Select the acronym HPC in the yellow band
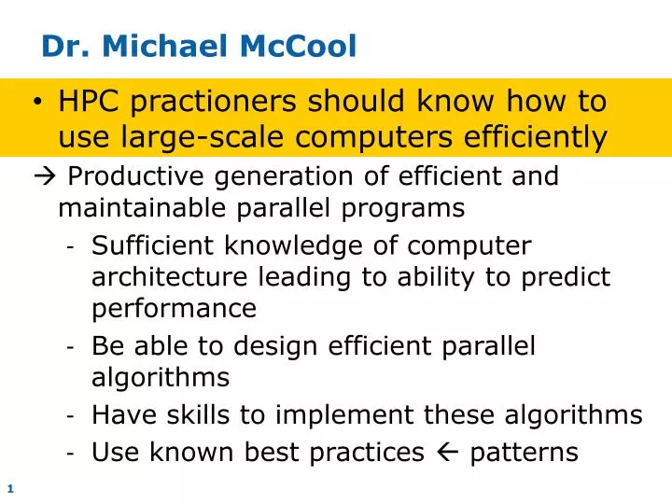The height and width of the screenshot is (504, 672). pos(88,101)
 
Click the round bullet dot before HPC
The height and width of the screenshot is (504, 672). pos(38,102)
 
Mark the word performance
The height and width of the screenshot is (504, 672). pos(174,308)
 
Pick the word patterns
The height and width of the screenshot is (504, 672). pos(525,453)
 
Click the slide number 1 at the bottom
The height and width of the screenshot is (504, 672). pos(9,488)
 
